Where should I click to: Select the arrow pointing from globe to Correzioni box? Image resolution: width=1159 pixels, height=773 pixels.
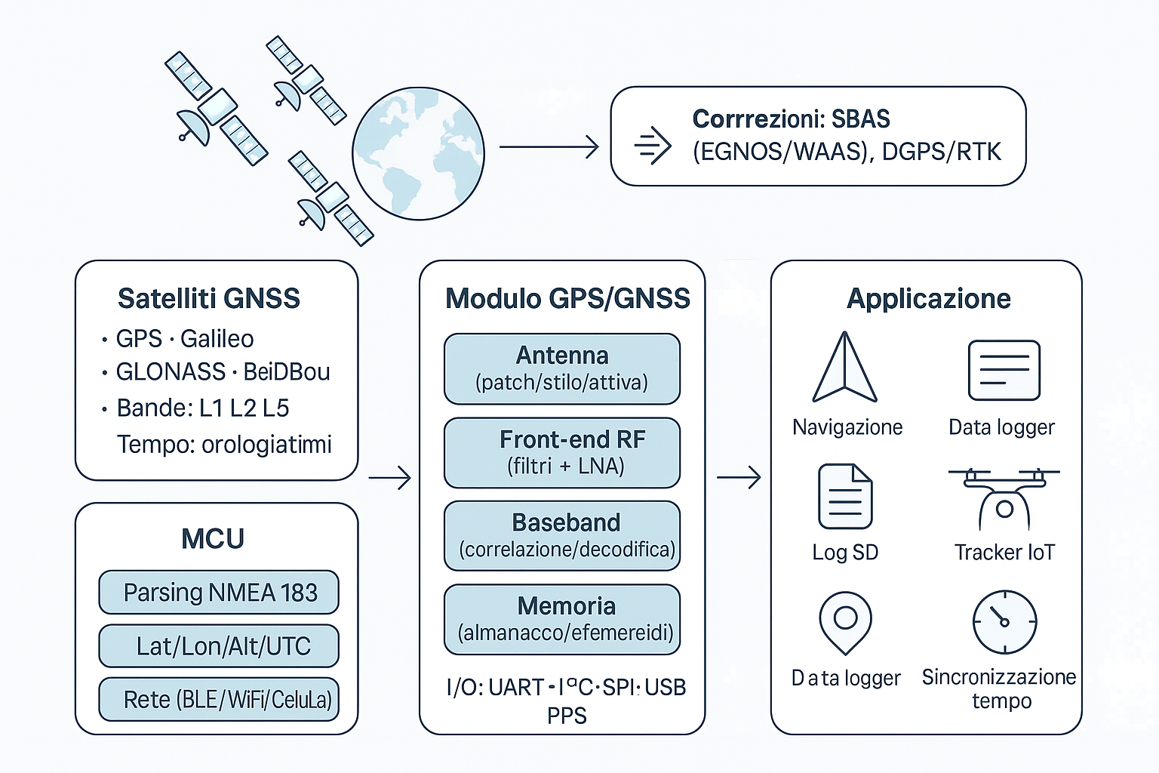tap(549, 147)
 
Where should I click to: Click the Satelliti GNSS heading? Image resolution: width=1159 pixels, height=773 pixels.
tap(209, 298)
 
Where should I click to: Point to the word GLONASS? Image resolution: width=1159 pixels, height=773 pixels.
tap(171, 371)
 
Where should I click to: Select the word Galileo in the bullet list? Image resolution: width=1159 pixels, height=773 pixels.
tap(217, 339)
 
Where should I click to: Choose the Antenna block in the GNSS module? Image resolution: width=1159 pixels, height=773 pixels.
tap(562, 368)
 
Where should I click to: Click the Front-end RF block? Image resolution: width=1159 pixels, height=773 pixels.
tap(562, 452)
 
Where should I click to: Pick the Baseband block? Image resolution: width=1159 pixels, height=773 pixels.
tap(562, 535)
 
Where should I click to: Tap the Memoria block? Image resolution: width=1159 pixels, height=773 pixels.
tap(562, 619)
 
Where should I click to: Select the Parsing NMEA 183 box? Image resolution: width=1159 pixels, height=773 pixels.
tap(219, 593)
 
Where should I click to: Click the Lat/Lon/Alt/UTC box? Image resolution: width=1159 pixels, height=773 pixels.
tap(219, 646)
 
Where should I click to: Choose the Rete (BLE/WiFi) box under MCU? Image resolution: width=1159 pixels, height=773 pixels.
tap(219, 700)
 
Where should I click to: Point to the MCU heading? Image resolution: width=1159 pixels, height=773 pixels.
tap(213, 539)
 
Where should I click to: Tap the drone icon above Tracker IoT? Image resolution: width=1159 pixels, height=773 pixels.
tap(1004, 498)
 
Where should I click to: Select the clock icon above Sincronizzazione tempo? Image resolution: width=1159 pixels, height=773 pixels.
tap(1004, 622)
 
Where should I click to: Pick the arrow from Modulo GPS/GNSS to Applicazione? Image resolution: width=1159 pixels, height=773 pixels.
tap(739, 477)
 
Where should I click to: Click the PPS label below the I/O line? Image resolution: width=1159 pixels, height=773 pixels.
tap(567, 716)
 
